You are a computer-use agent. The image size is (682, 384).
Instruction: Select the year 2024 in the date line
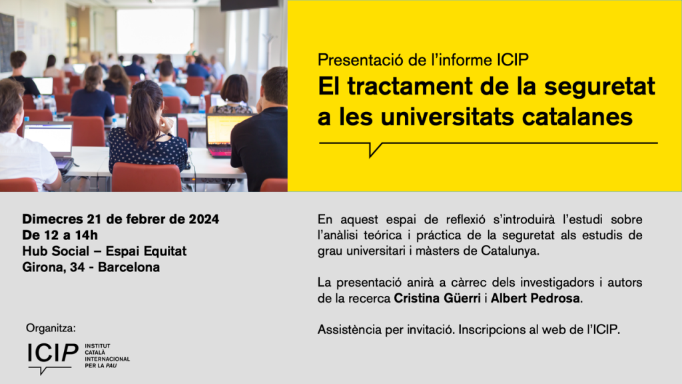coord(204,219)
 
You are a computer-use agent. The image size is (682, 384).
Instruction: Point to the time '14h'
coord(87,235)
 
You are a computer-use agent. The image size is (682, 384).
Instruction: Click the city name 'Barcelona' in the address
coord(129,267)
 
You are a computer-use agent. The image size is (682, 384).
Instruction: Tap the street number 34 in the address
coord(77,267)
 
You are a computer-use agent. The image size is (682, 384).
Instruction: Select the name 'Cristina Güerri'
coord(437,298)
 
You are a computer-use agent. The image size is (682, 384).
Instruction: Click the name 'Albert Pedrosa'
coord(535,298)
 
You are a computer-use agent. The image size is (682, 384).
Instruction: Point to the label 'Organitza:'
coord(51,328)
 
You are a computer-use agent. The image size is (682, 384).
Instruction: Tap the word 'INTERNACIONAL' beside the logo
coord(107,359)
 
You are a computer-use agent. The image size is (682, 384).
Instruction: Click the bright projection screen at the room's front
coord(155,31)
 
